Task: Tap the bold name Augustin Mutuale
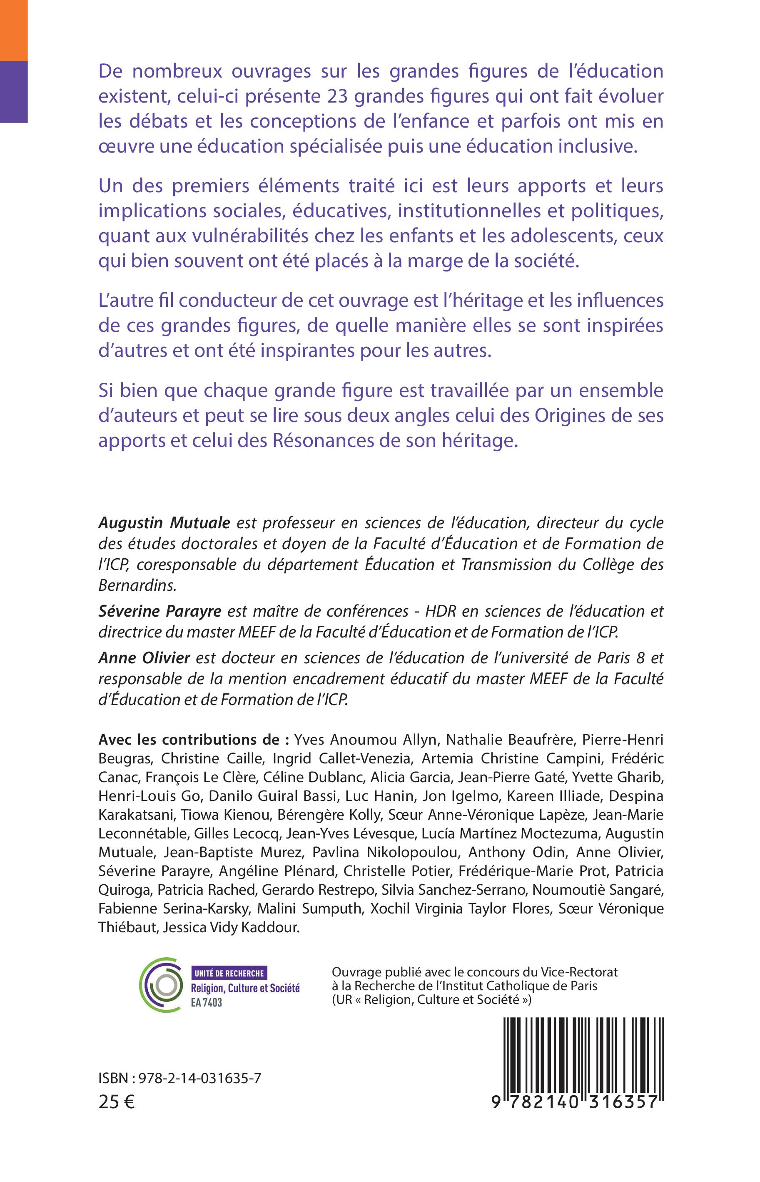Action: pos(164,522)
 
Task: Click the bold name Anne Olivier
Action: pos(144,658)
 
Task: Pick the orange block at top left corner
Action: pos(13,30)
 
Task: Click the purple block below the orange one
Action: pos(13,91)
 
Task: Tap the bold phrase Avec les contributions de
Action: pos(194,740)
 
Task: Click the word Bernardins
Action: pos(137,585)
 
